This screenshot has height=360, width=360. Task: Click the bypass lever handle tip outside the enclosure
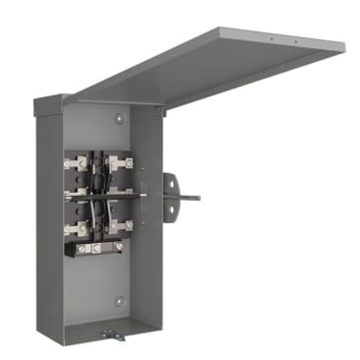(x=196, y=197)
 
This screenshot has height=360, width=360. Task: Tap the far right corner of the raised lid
(x=344, y=43)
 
